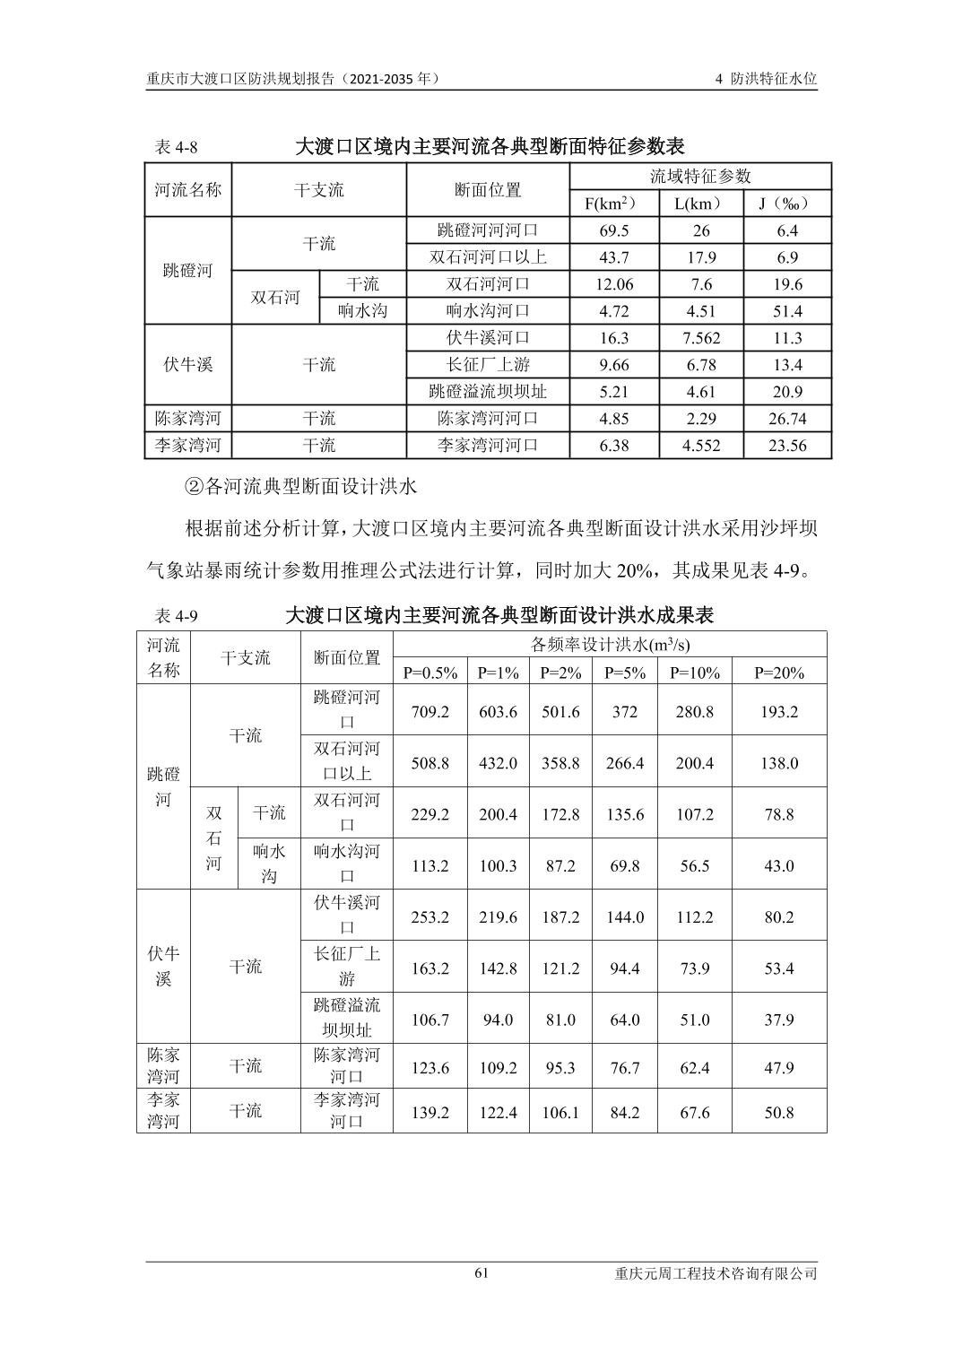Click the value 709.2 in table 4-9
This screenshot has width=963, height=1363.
click(x=429, y=712)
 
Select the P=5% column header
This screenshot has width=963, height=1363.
click(x=624, y=673)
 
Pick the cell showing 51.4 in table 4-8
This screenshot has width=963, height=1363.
click(x=786, y=311)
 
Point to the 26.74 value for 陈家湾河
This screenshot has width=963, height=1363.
click(x=786, y=419)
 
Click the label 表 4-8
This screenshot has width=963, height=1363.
click(x=176, y=146)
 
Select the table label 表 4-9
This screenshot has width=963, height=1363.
click(x=176, y=616)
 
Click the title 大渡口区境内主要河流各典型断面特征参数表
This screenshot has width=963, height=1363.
click(x=490, y=146)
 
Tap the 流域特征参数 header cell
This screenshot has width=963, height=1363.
click(x=700, y=177)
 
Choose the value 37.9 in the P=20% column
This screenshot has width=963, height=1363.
click(x=778, y=1020)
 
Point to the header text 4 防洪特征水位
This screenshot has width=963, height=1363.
click(x=766, y=79)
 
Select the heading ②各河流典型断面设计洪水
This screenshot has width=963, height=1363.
click(x=300, y=487)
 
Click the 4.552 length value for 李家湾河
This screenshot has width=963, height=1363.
click(x=700, y=446)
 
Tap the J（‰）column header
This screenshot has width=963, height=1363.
click(x=786, y=204)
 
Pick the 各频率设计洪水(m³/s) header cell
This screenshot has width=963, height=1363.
click(x=610, y=645)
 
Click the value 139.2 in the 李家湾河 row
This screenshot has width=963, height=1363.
click(x=429, y=1113)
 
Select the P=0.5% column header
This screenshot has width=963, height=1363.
click(x=429, y=673)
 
